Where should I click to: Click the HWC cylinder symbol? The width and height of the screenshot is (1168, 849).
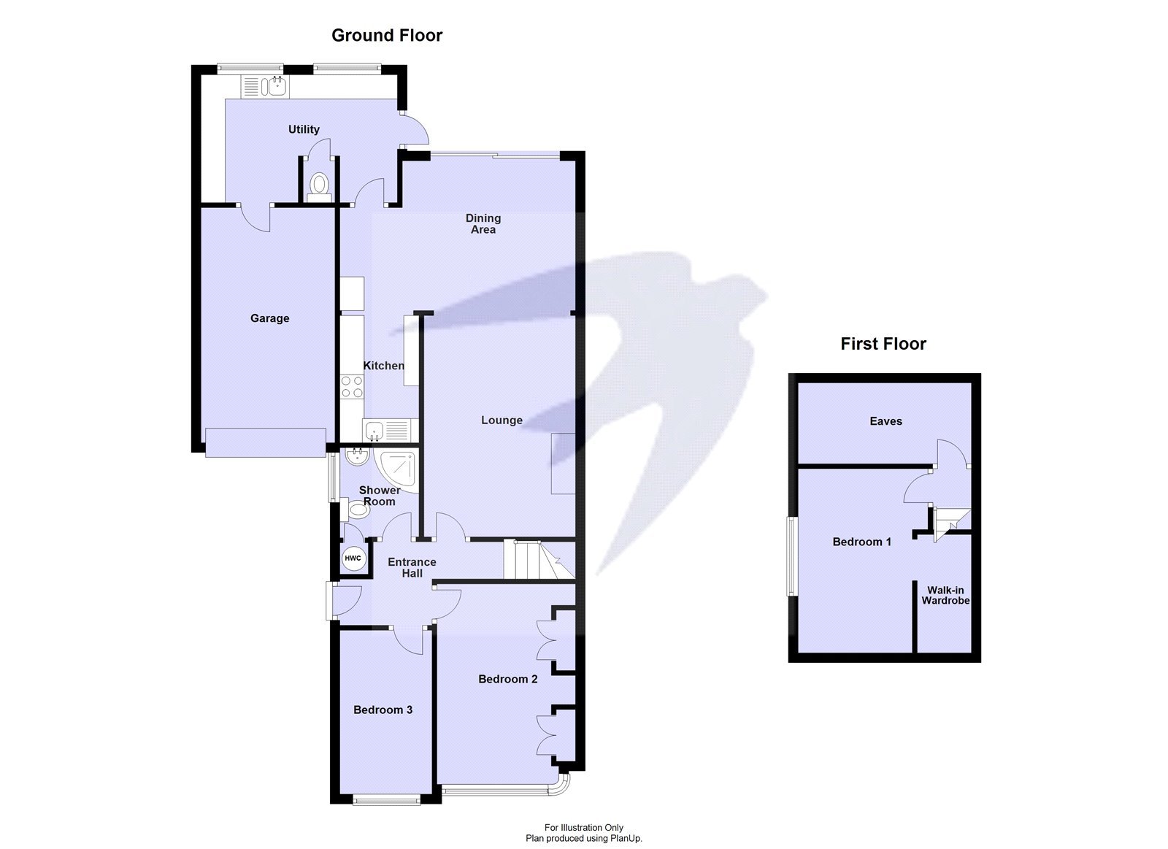pyautogui.click(x=353, y=558)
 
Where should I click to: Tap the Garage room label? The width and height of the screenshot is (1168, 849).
pyautogui.click(x=269, y=318)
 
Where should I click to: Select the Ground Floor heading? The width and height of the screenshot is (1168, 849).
pyautogui.click(x=387, y=35)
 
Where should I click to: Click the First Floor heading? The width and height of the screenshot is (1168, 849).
pyautogui.click(x=883, y=344)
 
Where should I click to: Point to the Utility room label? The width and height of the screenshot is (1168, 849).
pyautogui.click(x=304, y=129)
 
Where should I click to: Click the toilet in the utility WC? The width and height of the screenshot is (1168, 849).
pyautogui.click(x=319, y=185)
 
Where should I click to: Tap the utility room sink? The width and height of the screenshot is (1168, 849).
pyautogui.click(x=277, y=87)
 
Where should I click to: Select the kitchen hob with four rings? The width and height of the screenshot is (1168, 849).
pyautogui.click(x=352, y=386)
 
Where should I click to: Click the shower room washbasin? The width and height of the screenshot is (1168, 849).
pyautogui.click(x=356, y=457)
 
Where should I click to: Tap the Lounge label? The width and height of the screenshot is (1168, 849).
pyautogui.click(x=502, y=420)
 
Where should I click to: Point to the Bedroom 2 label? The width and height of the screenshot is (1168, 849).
pyautogui.click(x=507, y=679)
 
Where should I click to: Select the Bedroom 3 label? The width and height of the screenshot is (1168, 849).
pyautogui.click(x=383, y=710)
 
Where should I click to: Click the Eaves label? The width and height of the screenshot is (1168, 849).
pyautogui.click(x=885, y=421)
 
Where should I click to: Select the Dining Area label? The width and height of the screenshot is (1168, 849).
pyautogui.click(x=483, y=223)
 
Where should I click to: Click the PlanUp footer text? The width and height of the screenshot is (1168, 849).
pyautogui.click(x=583, y=839)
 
